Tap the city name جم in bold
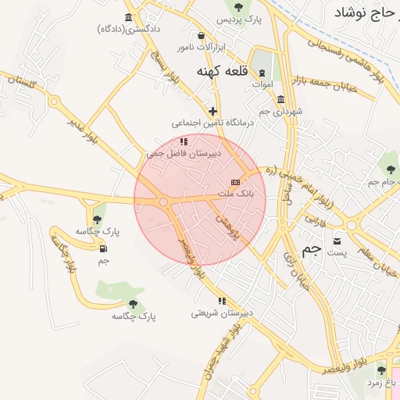click(x=312, y=249)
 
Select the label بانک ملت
click(x=234, y=192)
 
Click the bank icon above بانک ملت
click(x=235, y=182)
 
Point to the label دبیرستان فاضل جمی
click(x=184, y=154)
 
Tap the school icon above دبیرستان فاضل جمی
click(x=184, y=142)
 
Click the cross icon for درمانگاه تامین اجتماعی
click(x=212, y=111)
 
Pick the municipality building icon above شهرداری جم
click(x=281, y=99)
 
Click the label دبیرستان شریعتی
click(x=222, y=312)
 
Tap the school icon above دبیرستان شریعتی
click(x=223, y=301)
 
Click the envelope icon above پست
click(x=337, y=241)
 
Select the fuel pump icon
click(x=103, y=249)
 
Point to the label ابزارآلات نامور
click(x=201, y=48)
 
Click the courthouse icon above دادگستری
click(x=129, y=17)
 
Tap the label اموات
click(x=262, y=84)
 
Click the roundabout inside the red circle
click(x=164, y=202)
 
